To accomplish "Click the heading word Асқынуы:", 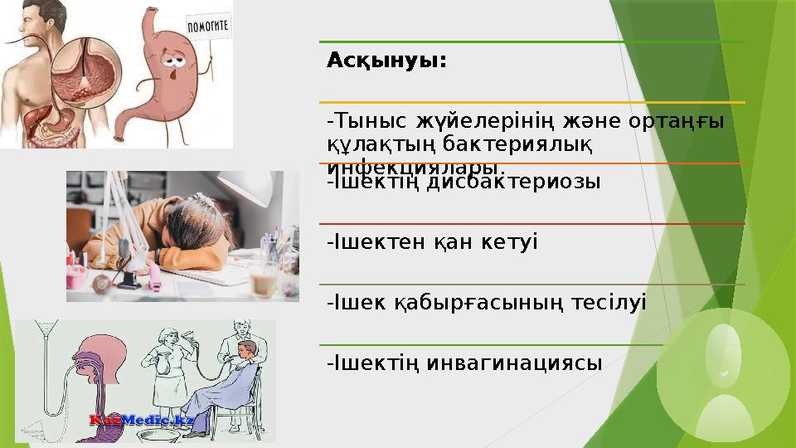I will tap(386, 61).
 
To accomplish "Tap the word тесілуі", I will tap(609, 303).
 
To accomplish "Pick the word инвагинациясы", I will tap(515, 363).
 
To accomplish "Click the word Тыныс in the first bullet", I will tap(361, 122).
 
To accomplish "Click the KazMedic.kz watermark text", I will tap(142, 421).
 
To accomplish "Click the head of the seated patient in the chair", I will tap(246, 349).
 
